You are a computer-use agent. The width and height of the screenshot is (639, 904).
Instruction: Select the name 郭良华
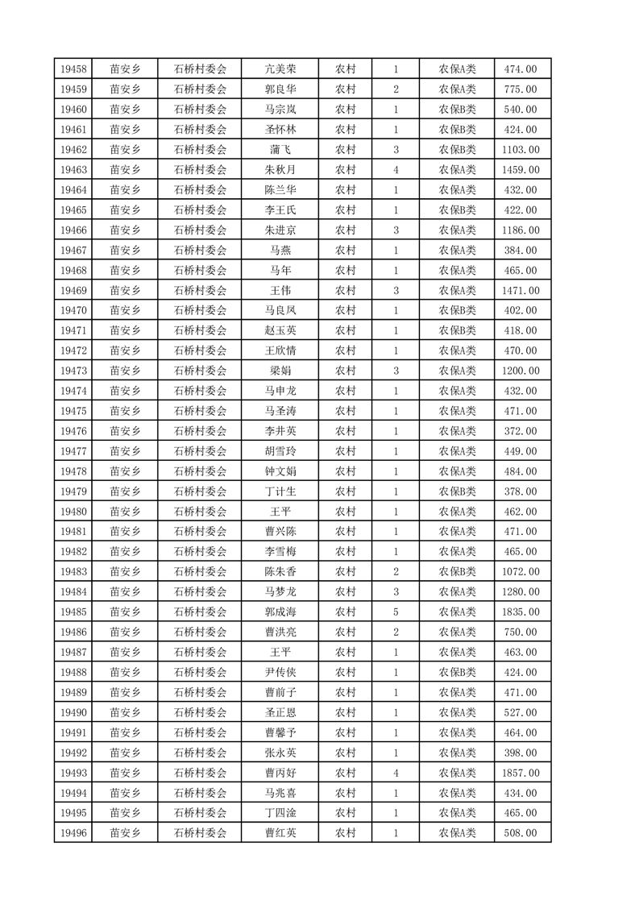coord(280,89)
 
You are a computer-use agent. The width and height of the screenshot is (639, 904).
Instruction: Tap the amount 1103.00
coord(521,150)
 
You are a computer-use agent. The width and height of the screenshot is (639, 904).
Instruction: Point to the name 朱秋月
coord(280,170)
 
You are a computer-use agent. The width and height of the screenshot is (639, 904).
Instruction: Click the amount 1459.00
coord(521,170)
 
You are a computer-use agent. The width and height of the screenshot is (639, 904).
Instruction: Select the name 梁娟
coord(280,371)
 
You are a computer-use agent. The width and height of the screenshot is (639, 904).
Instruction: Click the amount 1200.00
coord(521,371)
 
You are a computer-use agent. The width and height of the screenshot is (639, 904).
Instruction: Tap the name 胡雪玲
coord(280,451)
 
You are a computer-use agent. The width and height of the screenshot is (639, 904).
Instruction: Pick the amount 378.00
coord(521,491)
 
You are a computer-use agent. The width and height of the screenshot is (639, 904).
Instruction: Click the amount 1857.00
coord(521,773)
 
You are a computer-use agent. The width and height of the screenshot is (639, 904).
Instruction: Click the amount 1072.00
coord(521,572)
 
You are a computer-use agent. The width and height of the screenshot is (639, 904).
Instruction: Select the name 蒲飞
coord(280,150)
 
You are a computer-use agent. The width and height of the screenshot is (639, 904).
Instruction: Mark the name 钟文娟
coord(280,471)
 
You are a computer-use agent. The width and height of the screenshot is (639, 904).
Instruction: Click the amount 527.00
coord(521,712)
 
